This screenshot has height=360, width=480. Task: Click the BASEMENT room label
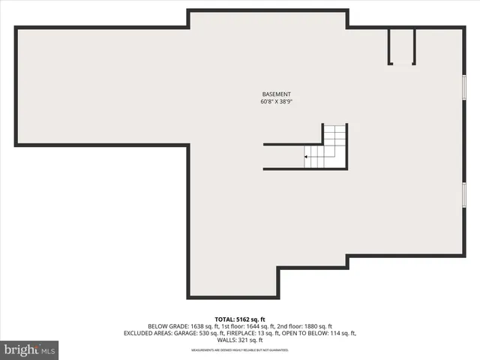(276, 94)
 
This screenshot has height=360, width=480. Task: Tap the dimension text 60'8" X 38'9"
(276, 101)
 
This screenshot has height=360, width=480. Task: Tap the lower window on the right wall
(464, 194)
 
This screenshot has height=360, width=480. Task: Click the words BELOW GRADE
(164, 325)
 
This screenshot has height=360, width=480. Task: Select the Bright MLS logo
(30, 349)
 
